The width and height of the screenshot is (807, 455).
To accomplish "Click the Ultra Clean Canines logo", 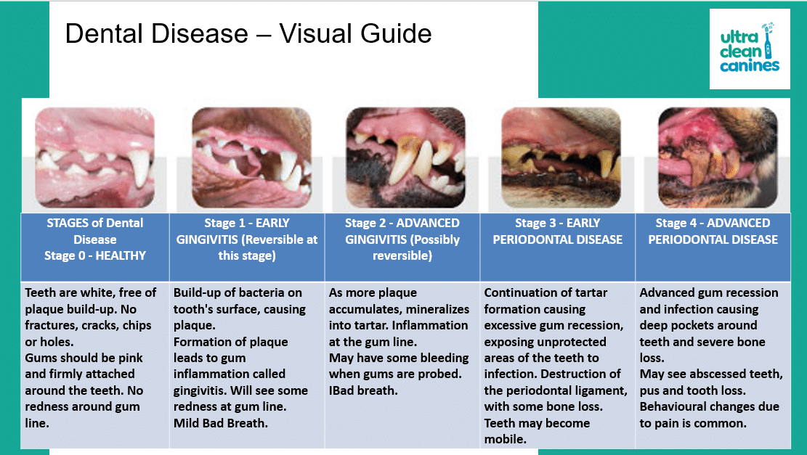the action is click(750, 49).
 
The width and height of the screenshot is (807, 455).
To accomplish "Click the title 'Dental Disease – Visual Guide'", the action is click(248, 34).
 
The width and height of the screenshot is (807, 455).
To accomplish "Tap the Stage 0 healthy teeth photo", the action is click(94, 157).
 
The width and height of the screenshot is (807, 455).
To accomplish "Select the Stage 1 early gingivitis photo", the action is click(251, 157).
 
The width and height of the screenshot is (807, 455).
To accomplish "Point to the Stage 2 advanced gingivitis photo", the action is click(406, 157).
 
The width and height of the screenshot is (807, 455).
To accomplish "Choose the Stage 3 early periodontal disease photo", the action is click(561, 157).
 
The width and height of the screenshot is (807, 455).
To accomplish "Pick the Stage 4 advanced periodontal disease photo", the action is click(718, 157).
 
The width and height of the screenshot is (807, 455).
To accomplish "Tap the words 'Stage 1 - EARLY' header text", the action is click(247, 223).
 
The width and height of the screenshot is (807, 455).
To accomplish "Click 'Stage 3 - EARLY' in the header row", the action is click(557, 223).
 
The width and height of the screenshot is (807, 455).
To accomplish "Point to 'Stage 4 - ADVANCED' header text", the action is click(713, 223).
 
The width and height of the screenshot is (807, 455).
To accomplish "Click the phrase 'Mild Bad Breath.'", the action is click(220, 423).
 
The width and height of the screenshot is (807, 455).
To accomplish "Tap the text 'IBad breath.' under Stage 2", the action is click(363, 390).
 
